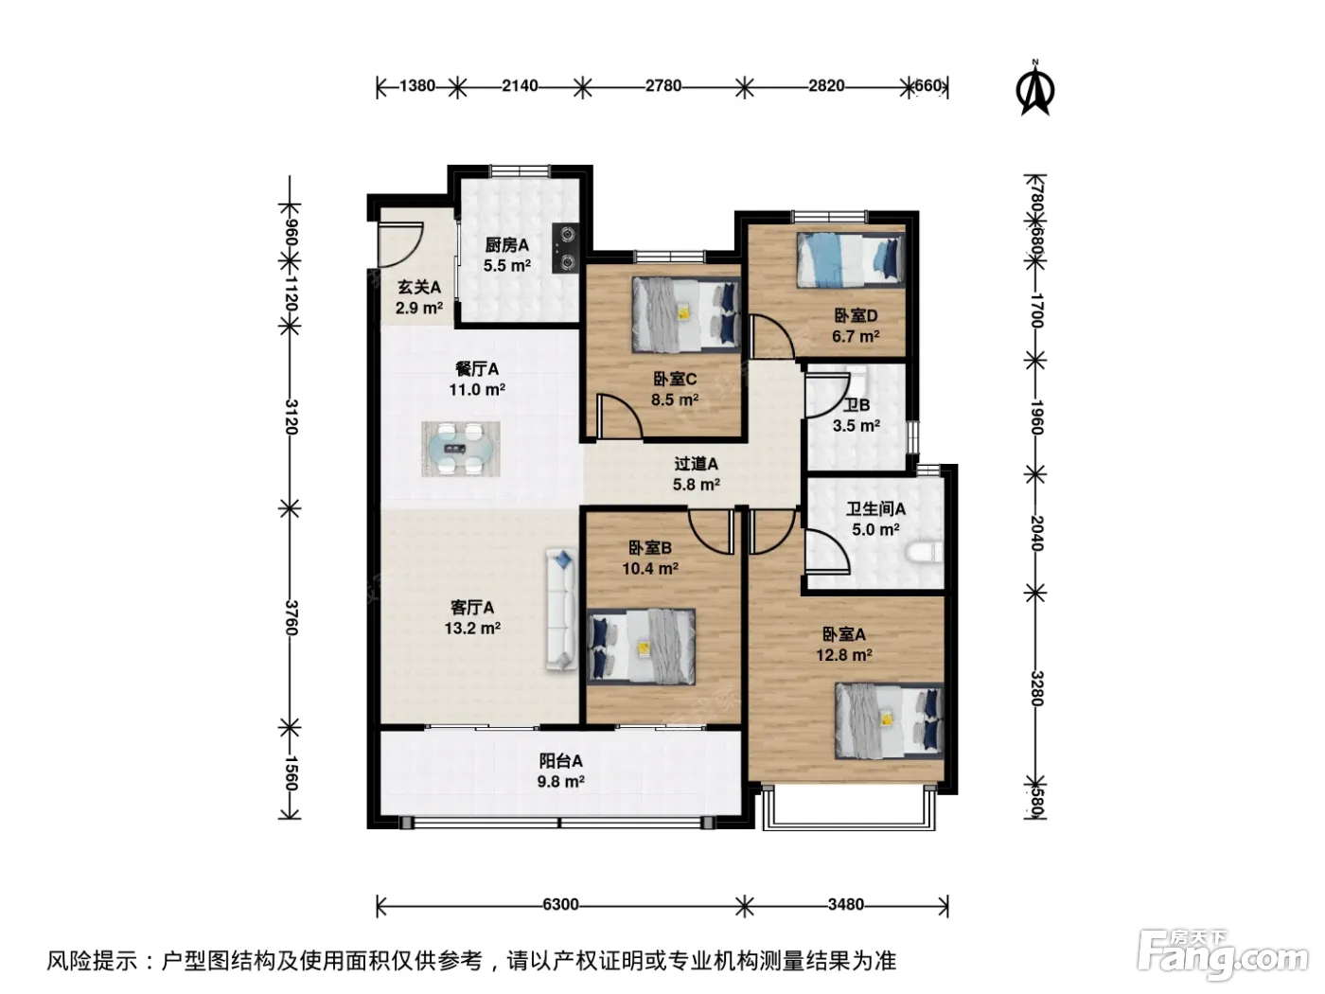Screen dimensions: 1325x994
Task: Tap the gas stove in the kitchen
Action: (x=565, y=248)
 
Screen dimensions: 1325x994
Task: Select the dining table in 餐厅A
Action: (x=460, y=449)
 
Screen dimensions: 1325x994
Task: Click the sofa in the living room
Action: (x=561, y=609)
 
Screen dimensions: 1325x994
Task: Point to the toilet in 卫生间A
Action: (x=924, y=552)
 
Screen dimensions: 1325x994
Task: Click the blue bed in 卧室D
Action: (x=850, y=259)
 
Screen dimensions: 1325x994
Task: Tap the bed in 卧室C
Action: (x=686, y=314)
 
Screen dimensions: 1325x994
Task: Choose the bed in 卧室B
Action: (x=641, y=647)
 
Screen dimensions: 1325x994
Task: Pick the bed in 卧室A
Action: (x=889, y=720)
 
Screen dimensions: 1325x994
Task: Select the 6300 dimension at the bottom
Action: (x=560, y=904)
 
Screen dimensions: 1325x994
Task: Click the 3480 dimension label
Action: (x=845, y=904)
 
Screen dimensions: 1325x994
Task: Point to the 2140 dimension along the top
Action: (x=520, y=86)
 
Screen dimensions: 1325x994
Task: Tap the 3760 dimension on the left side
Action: (x=291, y=617)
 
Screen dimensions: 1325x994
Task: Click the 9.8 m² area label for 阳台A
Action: (x=560, y=782)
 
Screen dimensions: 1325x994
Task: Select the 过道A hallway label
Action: (x=696, y=464)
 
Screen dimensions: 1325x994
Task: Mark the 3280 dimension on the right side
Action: (x=1035, y=688)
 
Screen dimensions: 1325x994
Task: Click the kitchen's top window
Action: (x=520, y=170)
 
